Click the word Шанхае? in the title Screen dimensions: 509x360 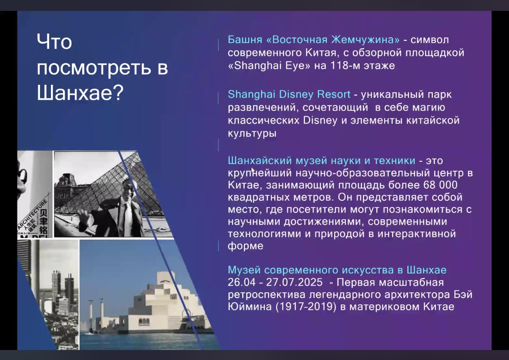80,93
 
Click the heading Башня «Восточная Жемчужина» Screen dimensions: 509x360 314,40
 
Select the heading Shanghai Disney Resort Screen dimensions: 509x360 289,94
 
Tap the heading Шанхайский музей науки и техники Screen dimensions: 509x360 321,160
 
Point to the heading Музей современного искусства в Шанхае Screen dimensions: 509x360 337,270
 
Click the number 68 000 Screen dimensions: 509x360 440,185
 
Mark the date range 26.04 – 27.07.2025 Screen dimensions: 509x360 275,282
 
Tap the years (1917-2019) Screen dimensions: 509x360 306,307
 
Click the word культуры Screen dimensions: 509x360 252,133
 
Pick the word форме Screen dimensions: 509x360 245,246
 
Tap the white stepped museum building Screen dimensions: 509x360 162,307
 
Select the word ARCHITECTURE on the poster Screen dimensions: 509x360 33,214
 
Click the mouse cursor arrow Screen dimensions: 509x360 253,171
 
